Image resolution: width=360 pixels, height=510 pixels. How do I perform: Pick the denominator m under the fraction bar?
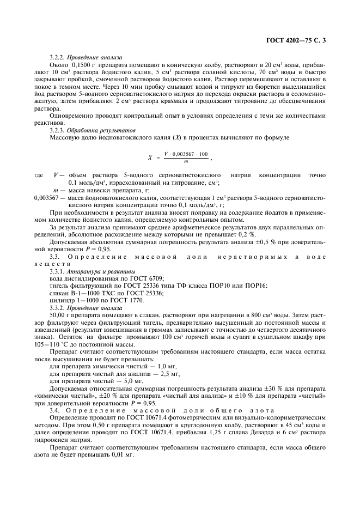185,162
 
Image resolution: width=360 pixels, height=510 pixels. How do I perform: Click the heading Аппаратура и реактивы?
101,270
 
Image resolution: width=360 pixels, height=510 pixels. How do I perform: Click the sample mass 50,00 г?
61,314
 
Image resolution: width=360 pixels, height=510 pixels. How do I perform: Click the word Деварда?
250,432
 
